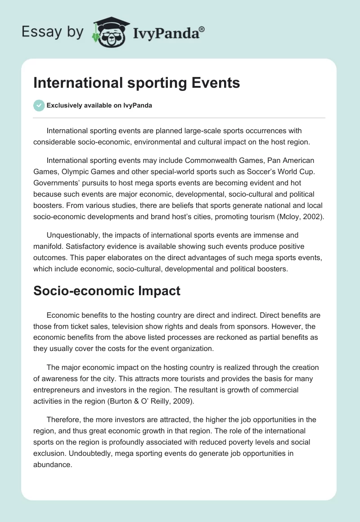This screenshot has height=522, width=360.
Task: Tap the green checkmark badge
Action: [39, 105]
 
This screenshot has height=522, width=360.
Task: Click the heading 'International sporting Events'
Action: [136, 83]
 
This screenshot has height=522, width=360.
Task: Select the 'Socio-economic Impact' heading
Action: [107, 291]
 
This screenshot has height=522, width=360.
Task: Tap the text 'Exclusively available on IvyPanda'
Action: [99, 105]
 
